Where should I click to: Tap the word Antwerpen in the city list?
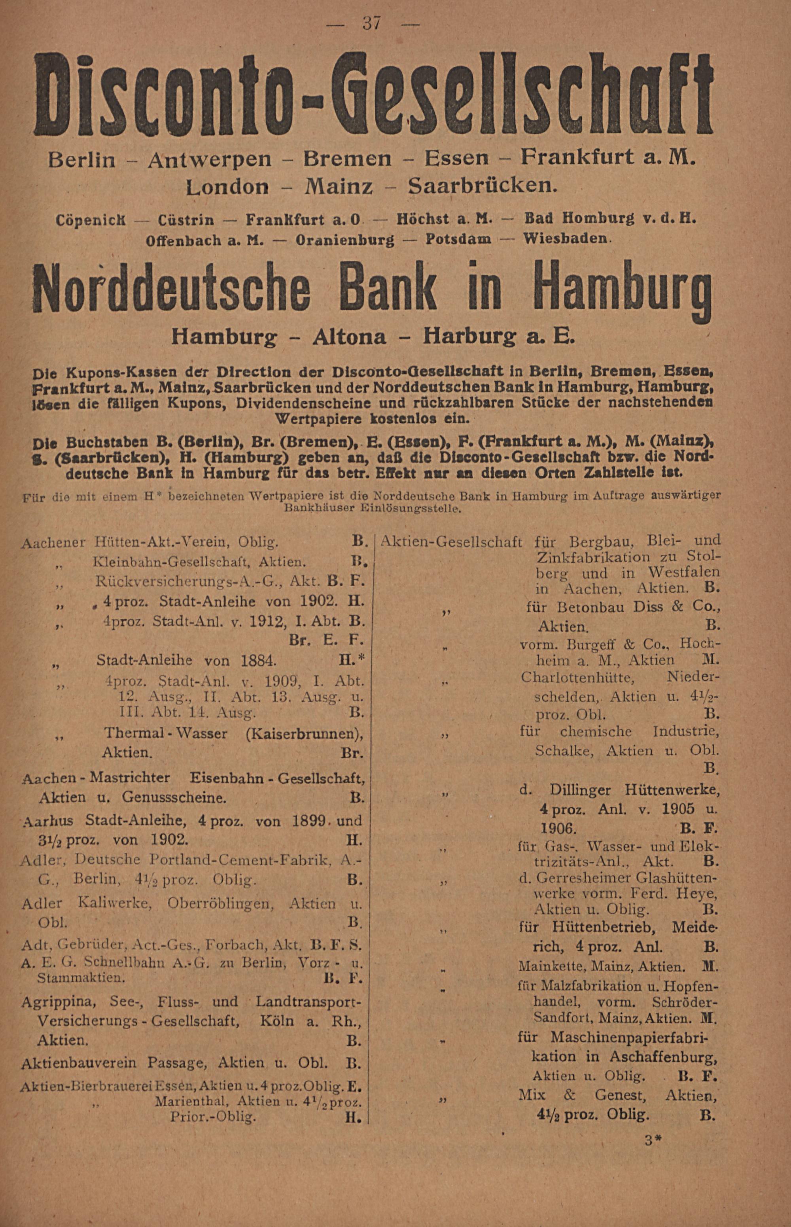coord(209,160)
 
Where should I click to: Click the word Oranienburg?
coord(345,240)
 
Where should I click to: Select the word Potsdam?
coord(459,239)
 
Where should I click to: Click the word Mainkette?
coord(552,967)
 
